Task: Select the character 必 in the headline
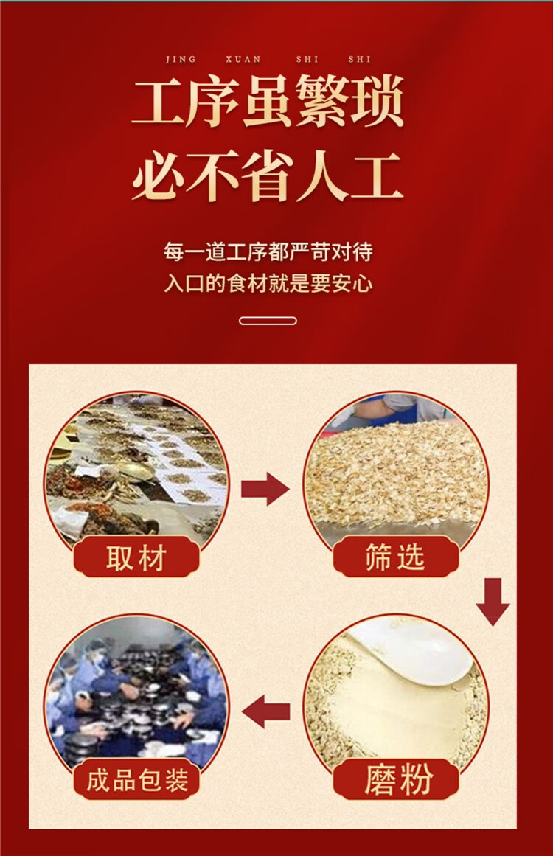[159, 178]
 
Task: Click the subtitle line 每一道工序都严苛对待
[268, 252]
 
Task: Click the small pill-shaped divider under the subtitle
[268, 321]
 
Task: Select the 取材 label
[136, 557]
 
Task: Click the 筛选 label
[396, 557]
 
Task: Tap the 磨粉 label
[396, 780]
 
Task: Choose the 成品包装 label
[136, 780]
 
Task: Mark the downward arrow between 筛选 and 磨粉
[493, 601]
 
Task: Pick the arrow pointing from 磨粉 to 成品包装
[266, 711]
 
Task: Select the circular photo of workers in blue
[136, 693]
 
